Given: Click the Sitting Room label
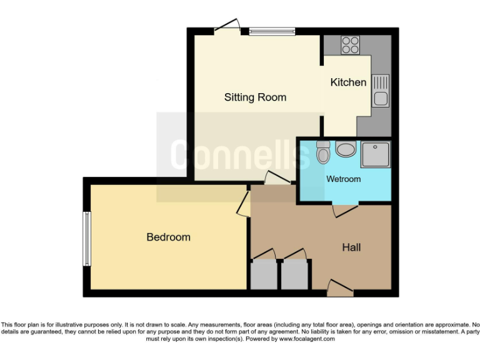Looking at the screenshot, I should pyautogui.click(x=255, y=97).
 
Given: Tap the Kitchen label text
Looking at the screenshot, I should pyautogui.click(x=348, y=82).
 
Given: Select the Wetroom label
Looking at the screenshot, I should pyautogui.click(x=343, y=179).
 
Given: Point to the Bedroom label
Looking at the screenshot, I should pyautogui.click(x=168, y=237).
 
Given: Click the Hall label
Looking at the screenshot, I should pyautogui.click(x=351, y=247).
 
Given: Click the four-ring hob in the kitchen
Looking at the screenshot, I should pyautogui.click(x=351, y=44).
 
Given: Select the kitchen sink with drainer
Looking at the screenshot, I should pyautogui.click(x=380, y=90).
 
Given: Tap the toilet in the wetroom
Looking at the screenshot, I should pyautogui.click(x=322, y=152).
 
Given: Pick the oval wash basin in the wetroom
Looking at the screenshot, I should pyautogui.click(x=345, y=150).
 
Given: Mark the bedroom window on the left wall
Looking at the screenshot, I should pyautogui.click(x=87, y=238).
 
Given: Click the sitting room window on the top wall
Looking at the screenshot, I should pyautogui.click(x=271, y=31).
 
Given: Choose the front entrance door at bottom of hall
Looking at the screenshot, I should pyautogui.click(x=340, y=288).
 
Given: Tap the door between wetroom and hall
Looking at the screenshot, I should pyautogui.click(x=345, y=210).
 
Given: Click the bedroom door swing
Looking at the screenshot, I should pyautogui.click(x=242, y=204).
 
